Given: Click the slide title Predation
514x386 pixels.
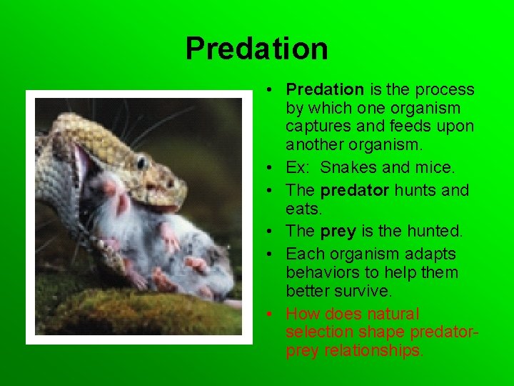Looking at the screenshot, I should point(256,49).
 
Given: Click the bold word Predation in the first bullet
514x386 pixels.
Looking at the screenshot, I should point(325,89).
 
